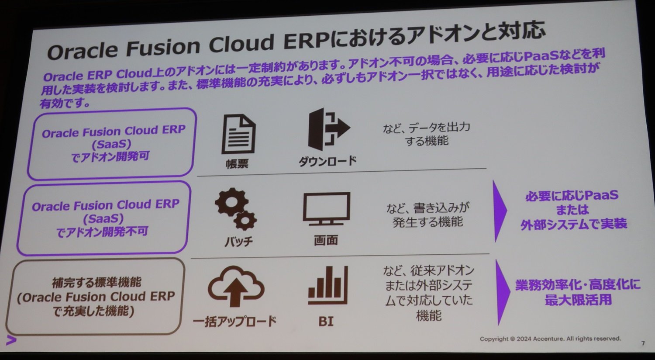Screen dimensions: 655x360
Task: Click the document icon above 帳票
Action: tap(238, 134)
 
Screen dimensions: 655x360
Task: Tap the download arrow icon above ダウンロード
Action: tap(329, 129)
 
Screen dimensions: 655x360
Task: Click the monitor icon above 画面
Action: tap(326, 208)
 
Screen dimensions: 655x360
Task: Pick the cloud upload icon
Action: tap(236, 286)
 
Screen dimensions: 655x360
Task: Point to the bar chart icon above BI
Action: tap(328, 285)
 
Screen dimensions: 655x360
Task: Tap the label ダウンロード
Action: tap(327, 161)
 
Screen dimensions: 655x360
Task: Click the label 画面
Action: tap(326, 240)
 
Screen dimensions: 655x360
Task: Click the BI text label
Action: tap(326, 322)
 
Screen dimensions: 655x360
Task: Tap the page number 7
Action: tap(643, 343)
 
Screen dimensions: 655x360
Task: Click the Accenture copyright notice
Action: tap(550, 339)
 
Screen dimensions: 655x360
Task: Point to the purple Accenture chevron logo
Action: tap(11, 340)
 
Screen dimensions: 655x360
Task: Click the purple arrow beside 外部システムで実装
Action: tap(500, 211)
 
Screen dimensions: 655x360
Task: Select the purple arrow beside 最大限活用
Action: tap(503, 292)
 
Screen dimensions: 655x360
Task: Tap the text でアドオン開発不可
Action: tap(102, 232)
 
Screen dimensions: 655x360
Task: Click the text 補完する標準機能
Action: tap(97, 283)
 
